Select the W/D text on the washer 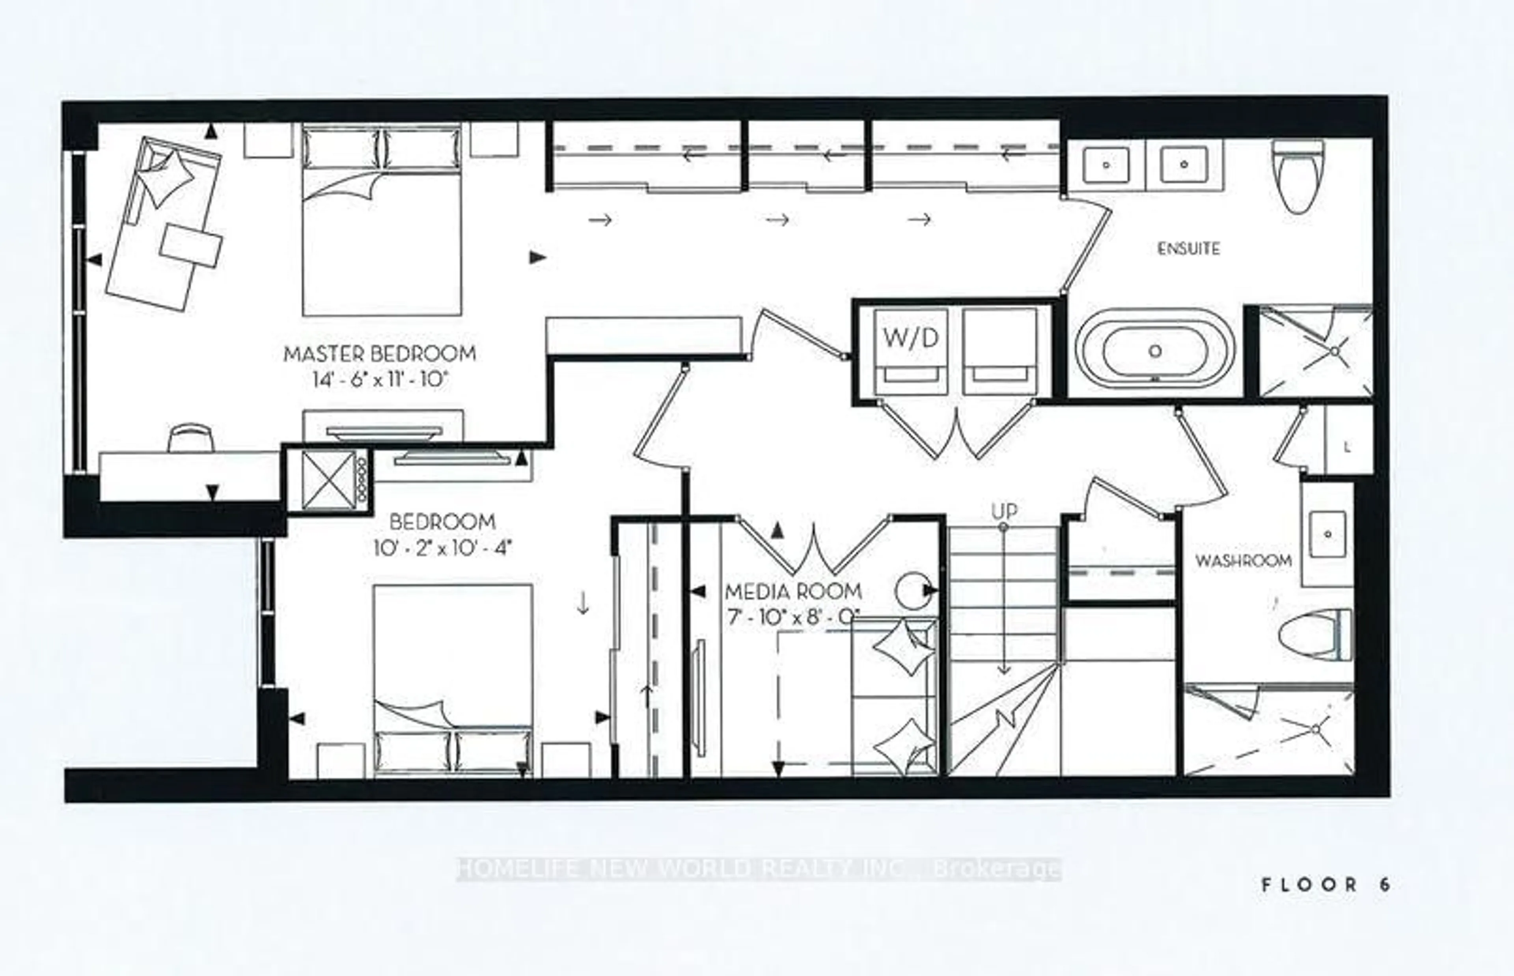tap(910, 338)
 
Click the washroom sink tap(1328, 534)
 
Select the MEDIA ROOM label tap(793, 592)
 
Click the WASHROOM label tap(1243, 560)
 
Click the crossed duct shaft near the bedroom tap(328, 480)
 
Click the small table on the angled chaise tap(191, 246)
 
